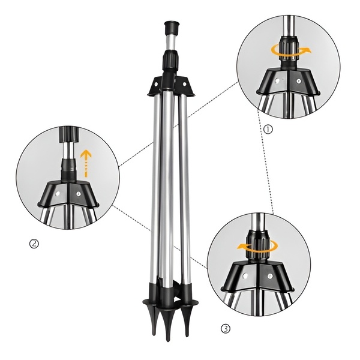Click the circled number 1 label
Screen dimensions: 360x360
pyautogui.click(x=268, y=128)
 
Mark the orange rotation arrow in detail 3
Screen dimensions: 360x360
pyautogui.click(x=258, y=245)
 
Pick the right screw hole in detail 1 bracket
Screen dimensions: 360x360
pyautogui.click(x=298, y=79)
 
